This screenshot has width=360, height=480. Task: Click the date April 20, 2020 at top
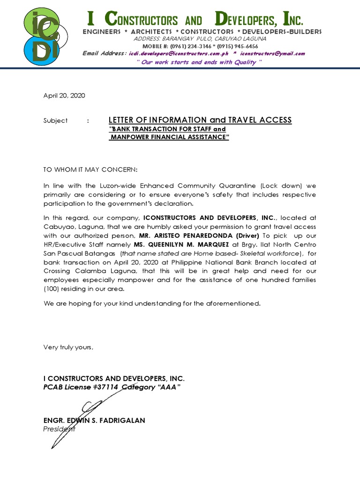pos(64,95)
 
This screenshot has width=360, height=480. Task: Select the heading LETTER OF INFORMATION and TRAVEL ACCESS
pos(200,120)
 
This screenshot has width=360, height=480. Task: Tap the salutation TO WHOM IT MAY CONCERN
pos(91,169)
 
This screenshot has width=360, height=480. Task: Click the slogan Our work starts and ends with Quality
pos(199,62)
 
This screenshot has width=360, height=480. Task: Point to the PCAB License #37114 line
pos(112,387)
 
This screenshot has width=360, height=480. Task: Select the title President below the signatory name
pos(59,429)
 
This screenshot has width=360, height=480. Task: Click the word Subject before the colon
pos(55,120)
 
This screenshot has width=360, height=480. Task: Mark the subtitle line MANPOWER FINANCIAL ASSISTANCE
pos(169,138)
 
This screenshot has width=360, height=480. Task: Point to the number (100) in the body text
pos(52,289)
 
